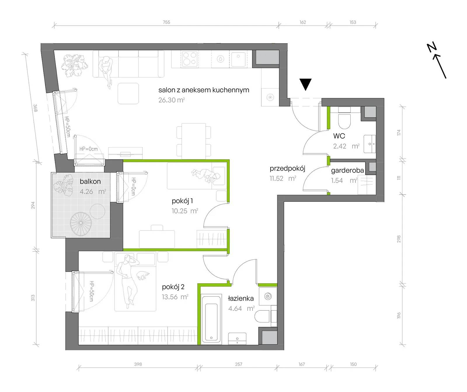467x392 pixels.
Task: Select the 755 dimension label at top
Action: pos(166,22)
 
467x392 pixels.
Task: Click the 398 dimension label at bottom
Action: pos(138,364)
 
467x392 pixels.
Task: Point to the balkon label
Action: pos(90,181)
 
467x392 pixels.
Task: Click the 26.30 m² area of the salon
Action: pos(172,100)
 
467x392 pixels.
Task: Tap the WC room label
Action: pos(339,136)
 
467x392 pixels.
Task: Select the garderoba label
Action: pos(347,170)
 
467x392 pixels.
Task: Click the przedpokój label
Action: pos(287,169)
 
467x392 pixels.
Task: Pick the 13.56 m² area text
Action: pos(175,297)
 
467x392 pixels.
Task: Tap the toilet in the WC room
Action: pos(344,118)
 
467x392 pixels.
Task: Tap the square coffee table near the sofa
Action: pos(128,93)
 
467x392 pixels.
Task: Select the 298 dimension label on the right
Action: pos(399,239)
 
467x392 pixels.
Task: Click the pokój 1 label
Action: pos(182,201)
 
